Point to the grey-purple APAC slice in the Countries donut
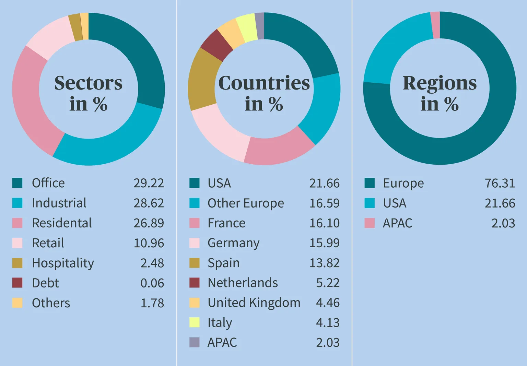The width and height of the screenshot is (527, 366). coord(260,26)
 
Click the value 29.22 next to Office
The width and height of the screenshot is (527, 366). coord(149,183)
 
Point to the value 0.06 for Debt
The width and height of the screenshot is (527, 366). coord(152,283)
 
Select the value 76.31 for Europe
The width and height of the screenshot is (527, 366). coord(500,183)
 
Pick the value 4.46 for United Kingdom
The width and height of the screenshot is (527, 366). coord(328,303)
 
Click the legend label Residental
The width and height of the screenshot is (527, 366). coord(62,223)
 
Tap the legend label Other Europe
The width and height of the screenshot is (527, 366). coord(246,203)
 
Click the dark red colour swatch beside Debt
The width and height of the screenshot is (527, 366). coord(17,283)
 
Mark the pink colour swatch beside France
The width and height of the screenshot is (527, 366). coord(195,223)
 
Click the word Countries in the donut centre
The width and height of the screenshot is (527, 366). coord(264,83)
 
